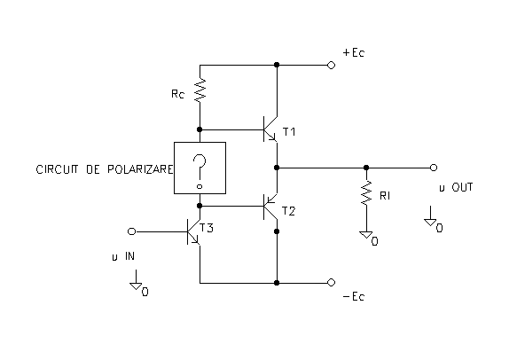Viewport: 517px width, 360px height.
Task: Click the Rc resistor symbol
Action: [200, 90]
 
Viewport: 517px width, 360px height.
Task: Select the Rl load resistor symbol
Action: [366, 193]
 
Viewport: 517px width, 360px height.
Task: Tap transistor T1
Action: [270, 129]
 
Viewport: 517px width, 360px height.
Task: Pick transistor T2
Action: [270, 207]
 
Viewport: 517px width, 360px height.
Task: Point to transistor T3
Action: [193, 231]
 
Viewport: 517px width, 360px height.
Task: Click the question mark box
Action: [200, 168]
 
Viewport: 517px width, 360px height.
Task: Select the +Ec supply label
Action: [354, 52]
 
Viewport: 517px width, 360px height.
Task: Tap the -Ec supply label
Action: [354, 296]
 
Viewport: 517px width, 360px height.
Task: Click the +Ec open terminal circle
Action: [331, 66]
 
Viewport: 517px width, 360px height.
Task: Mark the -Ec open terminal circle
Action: [331, 283]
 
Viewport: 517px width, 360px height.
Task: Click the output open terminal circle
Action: [434, 168]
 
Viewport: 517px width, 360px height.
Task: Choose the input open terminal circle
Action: [131, 231]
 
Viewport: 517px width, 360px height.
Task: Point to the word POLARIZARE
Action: [140, 169]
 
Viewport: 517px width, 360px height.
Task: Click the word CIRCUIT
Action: [57, 169]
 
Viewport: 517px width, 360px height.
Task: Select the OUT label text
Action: [462, 187]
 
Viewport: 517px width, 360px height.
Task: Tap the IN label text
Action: [129, 256]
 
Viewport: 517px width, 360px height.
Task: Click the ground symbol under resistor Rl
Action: [366, 235]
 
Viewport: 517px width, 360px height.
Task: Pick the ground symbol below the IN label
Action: [137, 286]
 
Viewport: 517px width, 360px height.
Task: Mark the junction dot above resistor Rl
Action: [366, 168]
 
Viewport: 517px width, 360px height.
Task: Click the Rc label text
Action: [177, 94]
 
